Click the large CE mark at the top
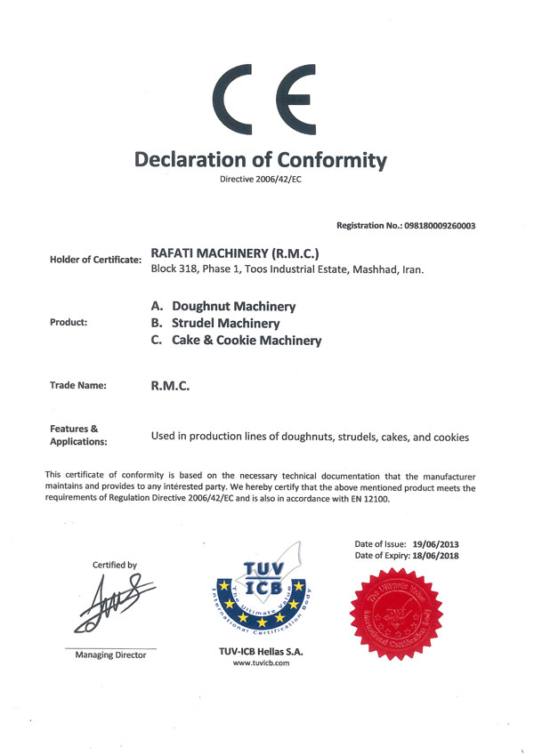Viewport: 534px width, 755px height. coord(266,100)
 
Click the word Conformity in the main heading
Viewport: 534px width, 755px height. coord(330,160)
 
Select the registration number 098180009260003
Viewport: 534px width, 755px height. coord(432,226)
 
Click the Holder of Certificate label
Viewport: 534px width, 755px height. coord(96,260)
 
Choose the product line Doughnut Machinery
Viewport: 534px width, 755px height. coord(233,306)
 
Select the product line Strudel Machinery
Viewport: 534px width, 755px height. coord(226,323)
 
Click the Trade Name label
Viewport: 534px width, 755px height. coord(78,385)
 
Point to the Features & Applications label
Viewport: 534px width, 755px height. coord(78,435)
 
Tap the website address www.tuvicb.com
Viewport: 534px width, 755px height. coord(262,663)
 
